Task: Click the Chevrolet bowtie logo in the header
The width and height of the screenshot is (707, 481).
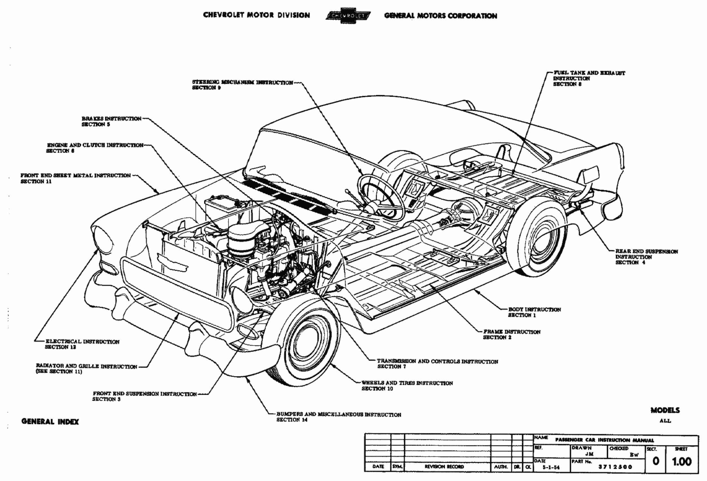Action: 348,16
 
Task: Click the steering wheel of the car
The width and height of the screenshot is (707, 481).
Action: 380,198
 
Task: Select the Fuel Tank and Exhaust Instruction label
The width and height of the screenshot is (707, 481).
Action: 589,78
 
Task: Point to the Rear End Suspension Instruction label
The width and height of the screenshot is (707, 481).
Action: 646,257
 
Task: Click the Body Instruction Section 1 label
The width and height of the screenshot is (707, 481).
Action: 534,312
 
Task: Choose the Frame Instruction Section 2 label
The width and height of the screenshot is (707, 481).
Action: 512,334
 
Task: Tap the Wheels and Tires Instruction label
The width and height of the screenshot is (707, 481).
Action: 407,385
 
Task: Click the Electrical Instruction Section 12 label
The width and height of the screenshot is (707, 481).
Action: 82,344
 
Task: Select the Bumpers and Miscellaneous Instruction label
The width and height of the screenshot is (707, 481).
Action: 338,417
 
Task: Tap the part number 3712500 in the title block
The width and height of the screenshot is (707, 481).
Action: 615,467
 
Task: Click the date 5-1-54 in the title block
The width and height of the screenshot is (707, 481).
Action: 551,467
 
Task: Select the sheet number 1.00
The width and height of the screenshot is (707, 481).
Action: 682,462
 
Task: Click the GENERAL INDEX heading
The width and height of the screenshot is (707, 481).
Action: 50,422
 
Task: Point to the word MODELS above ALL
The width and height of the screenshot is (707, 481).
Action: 665,410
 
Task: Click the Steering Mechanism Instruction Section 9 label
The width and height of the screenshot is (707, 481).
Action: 242,85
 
